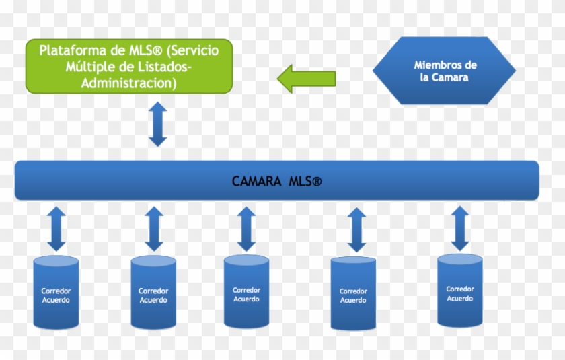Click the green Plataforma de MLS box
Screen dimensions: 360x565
tap(129, 66)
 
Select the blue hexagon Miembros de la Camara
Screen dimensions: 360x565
tap(445, 71)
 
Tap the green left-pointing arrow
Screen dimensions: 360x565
tap(306, 77)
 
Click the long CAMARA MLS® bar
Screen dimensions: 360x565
tap(276, 180)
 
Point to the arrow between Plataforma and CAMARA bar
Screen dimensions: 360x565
tap(157, 124)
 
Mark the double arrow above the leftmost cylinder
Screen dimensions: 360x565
tap(57, 229)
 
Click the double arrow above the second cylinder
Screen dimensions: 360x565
tap(154, 229)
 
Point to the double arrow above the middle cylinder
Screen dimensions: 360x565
tap(246, 229)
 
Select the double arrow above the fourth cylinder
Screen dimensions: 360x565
tap(356, 229)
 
